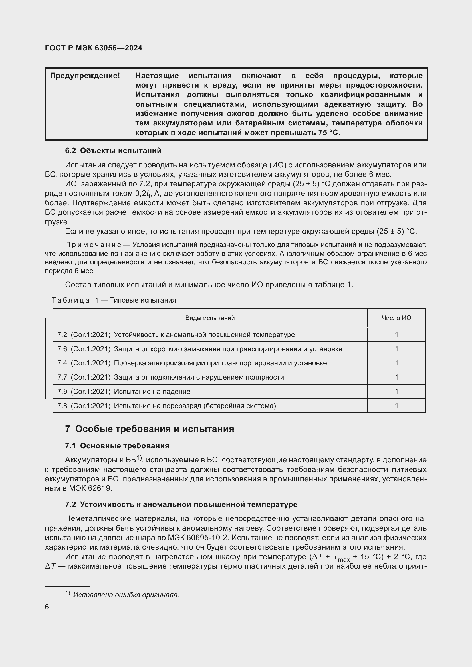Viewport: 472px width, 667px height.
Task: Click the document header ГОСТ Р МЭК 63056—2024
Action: tap(94, 48)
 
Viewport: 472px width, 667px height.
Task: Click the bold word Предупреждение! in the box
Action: tap(85, 76)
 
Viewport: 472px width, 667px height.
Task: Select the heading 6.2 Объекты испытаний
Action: tap(113, 151)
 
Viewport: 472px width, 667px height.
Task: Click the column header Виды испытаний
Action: tap(210, 318)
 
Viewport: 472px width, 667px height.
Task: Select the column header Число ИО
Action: tap(396, 318)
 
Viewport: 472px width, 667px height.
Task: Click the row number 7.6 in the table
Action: tap(62, 349)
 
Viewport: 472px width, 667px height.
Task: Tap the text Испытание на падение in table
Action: tap(152, 391)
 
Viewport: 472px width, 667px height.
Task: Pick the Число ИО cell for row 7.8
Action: tap(396, 406)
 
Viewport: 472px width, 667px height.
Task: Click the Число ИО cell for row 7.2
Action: tap(396, 335)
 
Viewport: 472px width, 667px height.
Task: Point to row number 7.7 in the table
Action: tap(62, 377)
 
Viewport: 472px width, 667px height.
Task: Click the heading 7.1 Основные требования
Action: tap(117, 446)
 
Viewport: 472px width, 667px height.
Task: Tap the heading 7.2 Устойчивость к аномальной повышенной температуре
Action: tap(181, 504)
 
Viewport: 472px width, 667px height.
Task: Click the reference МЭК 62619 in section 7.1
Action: tap(90, 488)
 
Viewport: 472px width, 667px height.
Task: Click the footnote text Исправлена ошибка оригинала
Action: tap(126, 595)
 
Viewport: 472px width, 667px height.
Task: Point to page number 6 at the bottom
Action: tap(47, 607)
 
